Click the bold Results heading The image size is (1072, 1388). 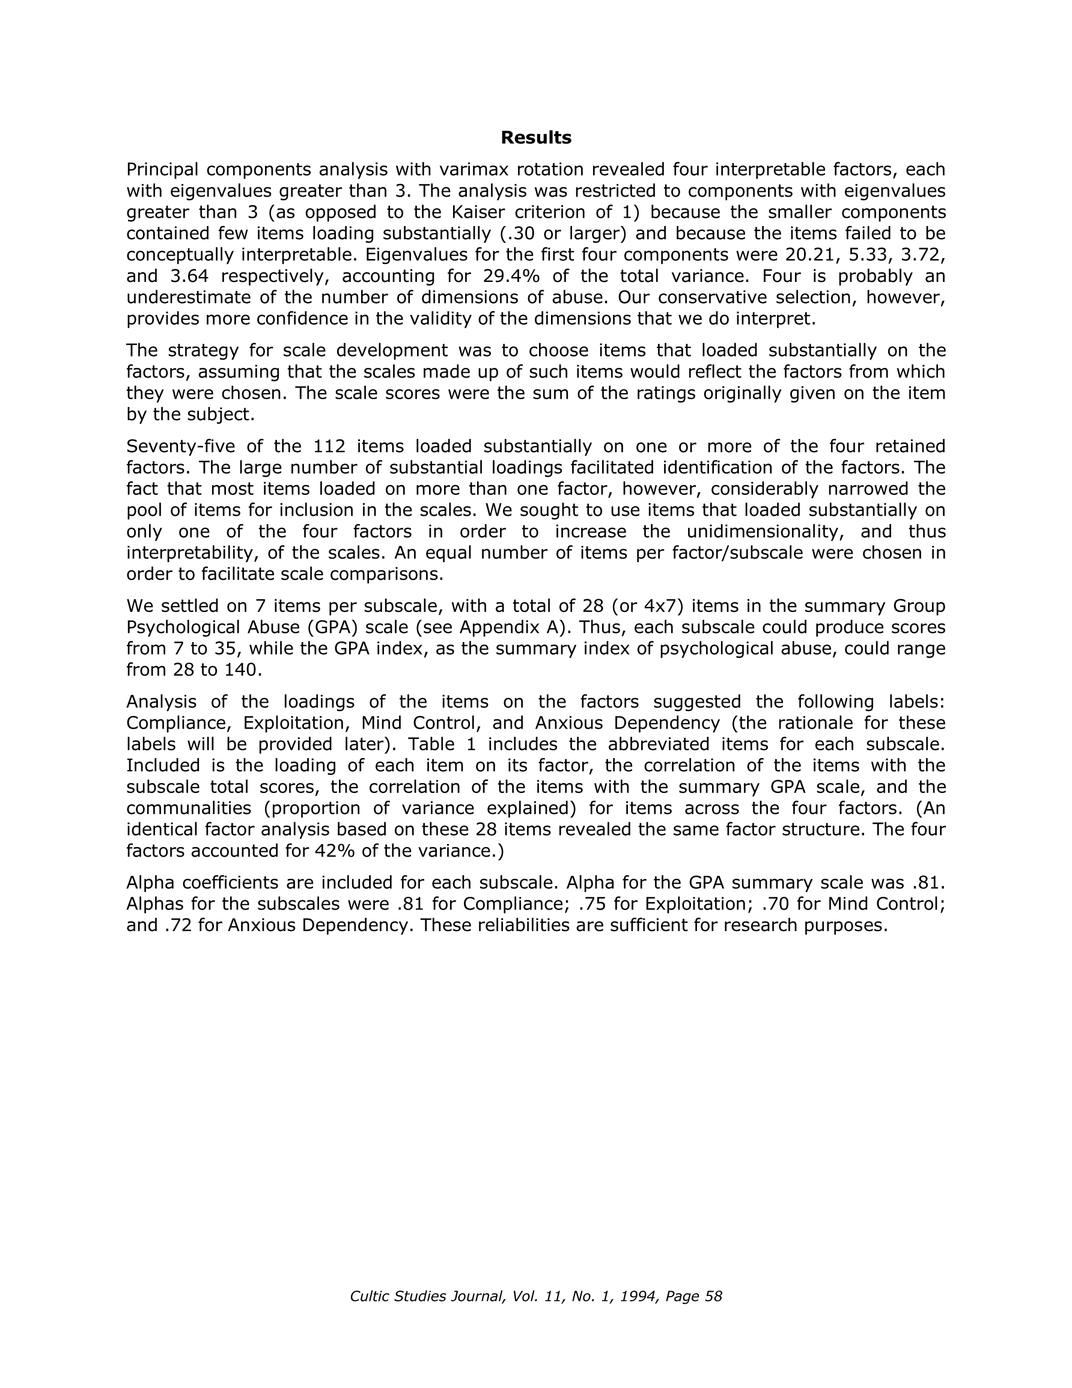535,137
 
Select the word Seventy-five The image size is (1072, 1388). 173,447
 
